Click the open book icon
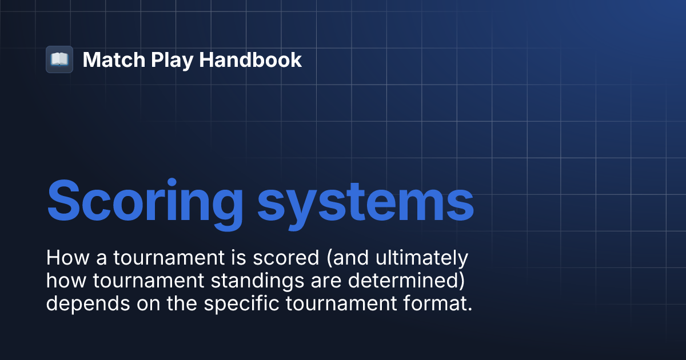(59, 59)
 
